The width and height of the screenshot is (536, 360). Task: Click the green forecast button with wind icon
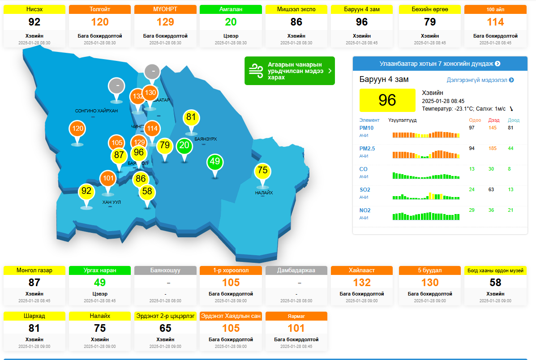click(x=289, y=71)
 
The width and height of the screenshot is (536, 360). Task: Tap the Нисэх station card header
click(x=34, y=9)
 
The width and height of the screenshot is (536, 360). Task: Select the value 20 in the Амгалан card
click(x=231, y=22)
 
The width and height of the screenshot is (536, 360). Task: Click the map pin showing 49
click(x=215, y=162)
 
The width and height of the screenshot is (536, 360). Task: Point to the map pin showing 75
click(x=262, y=170)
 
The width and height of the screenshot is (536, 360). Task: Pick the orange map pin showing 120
click(x=77, y=129)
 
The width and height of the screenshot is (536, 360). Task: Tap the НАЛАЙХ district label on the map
click(x=264, y=193)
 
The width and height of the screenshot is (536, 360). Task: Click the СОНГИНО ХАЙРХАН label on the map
click(x=96, y=111)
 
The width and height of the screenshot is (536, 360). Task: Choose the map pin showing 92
click(x=86, y=191)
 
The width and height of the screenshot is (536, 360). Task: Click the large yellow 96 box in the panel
click(x=387, y=100)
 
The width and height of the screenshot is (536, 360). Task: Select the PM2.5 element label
click(x=367, y=149)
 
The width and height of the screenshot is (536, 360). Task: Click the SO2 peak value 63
click(x=491, y=189)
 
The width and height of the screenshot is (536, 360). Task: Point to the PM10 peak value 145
click(x=493, y=128)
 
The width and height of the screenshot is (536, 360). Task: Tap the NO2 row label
click(x=365, y=210)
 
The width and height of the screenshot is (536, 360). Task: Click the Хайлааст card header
click(x=362, y=270)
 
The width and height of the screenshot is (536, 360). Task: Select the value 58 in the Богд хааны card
click(x=495, y=283)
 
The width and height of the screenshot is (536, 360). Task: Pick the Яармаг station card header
click(x=296, y=316)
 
